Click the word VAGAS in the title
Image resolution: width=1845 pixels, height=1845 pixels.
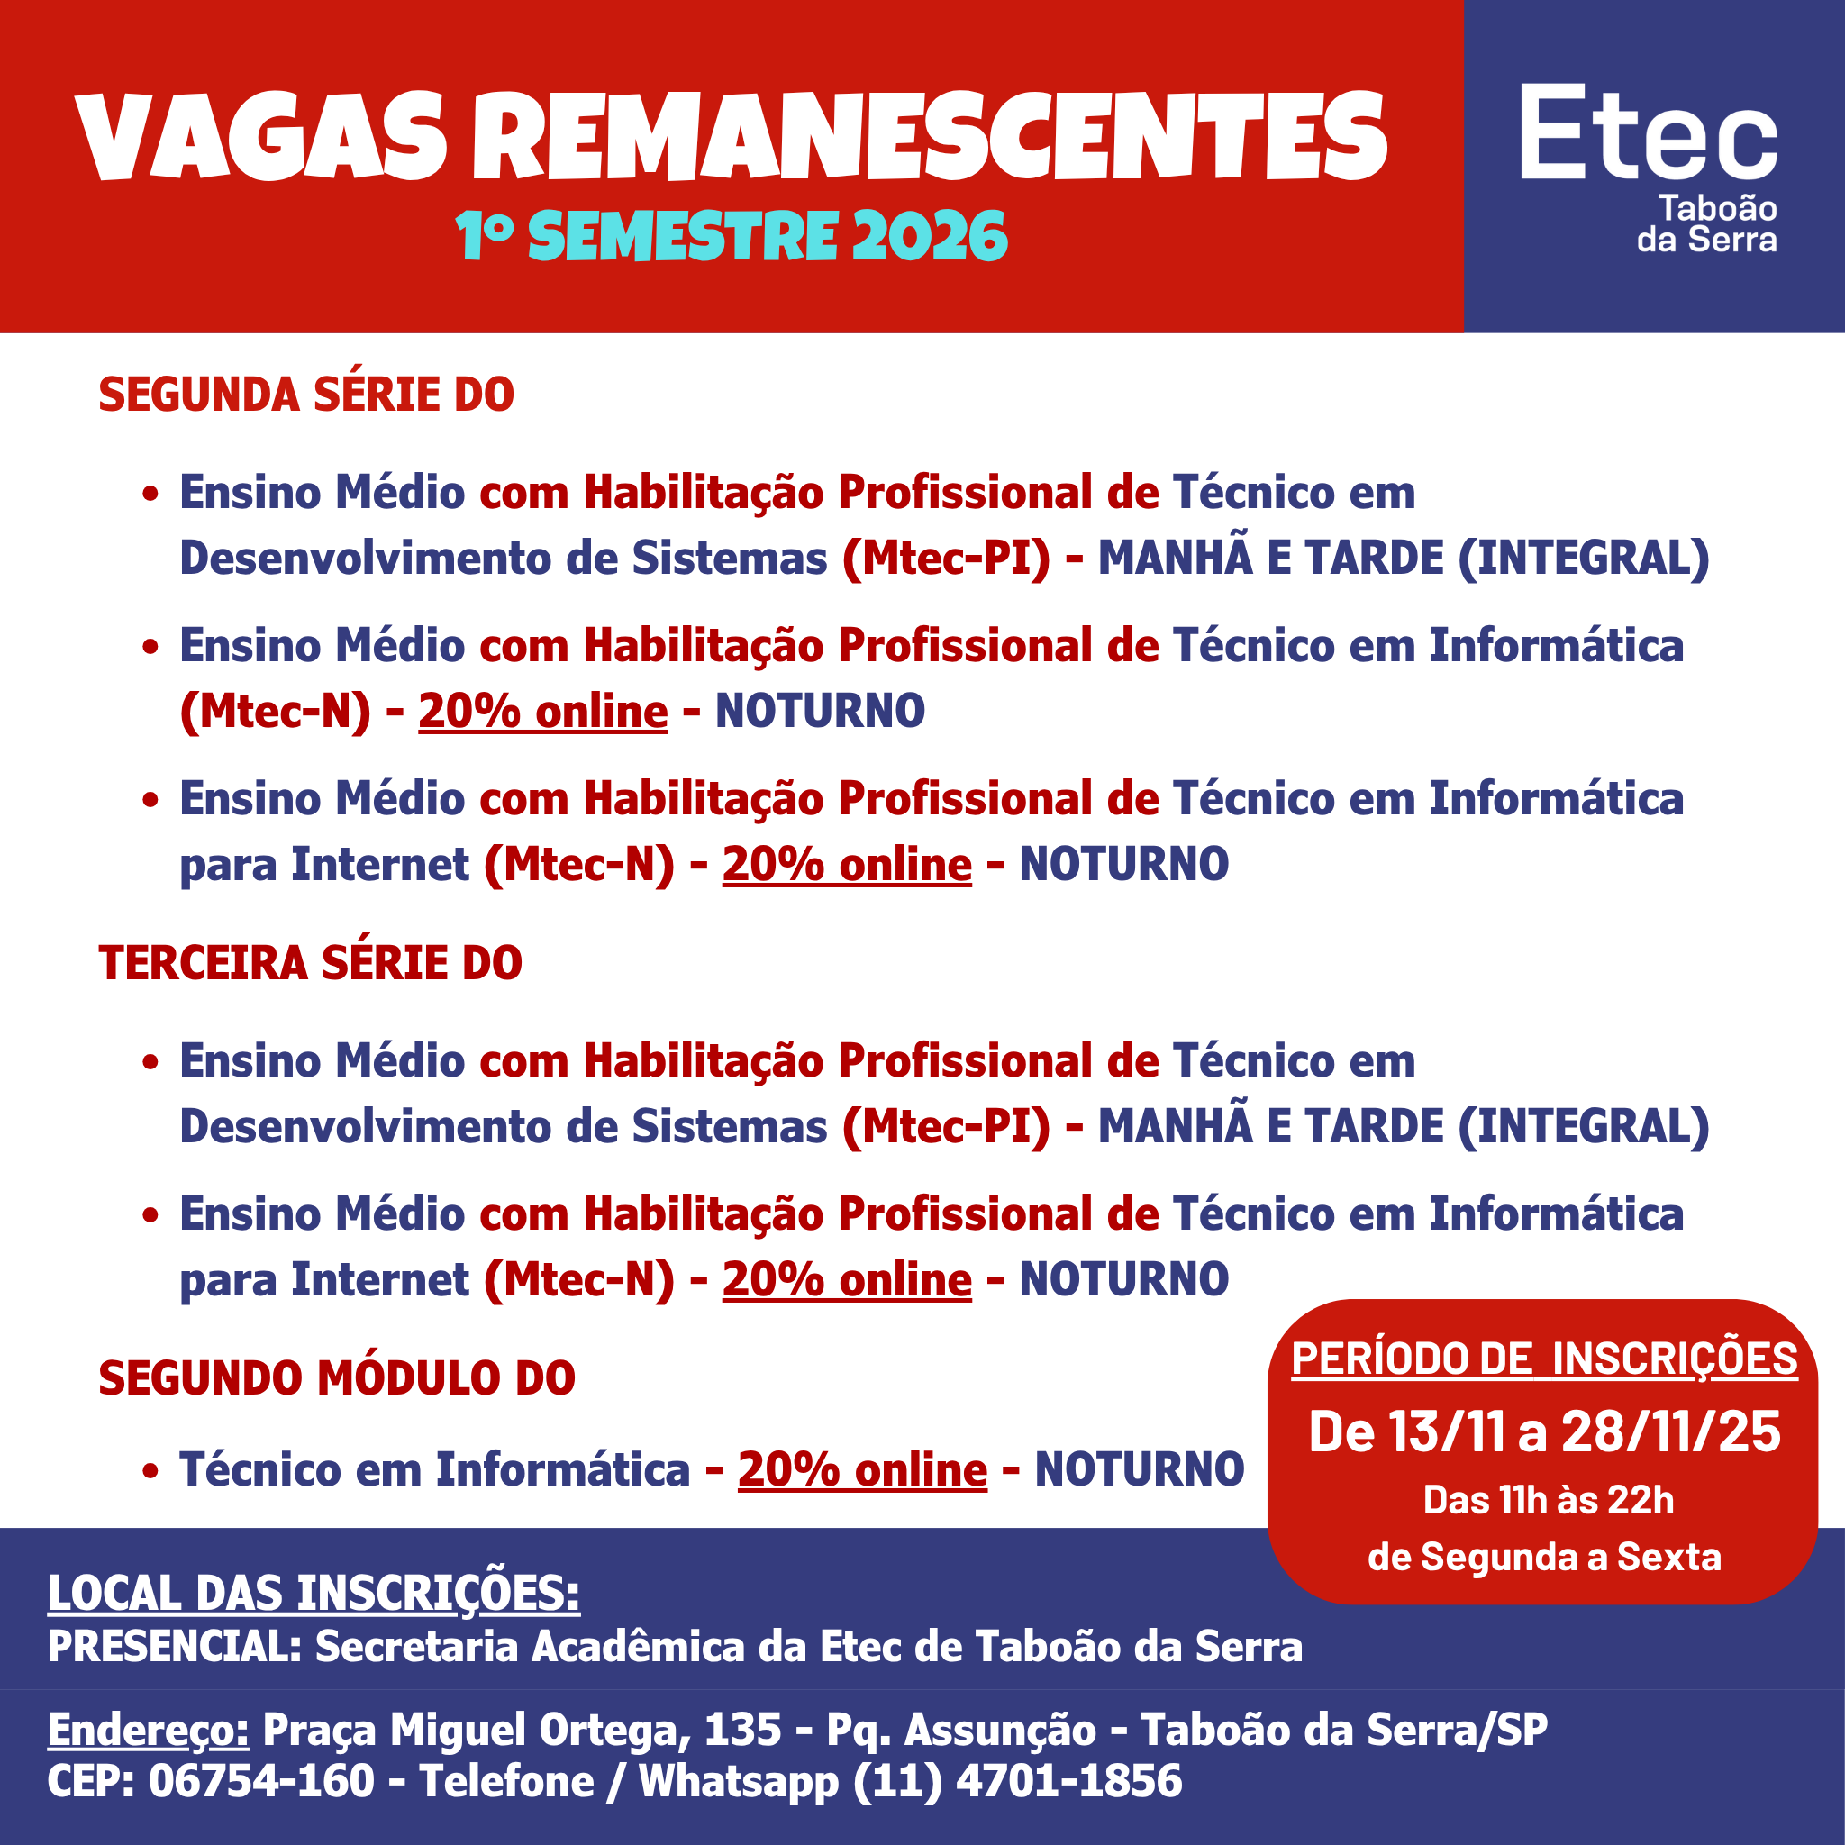pos(259,137)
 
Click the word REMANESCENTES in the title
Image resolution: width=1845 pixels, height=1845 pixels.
pos(928,137)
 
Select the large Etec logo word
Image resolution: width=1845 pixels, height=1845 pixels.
pos(1649,133)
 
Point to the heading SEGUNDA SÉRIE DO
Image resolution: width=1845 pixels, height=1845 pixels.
pos(305,395)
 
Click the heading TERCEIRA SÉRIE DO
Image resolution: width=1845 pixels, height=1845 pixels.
pos(311,963)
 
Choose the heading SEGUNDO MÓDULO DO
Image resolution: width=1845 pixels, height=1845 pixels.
pos(336,1378)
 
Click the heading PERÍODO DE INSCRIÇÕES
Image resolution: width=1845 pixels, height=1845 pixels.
pos(1543,1359)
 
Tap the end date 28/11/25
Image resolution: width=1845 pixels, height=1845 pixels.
pos(1671,1431)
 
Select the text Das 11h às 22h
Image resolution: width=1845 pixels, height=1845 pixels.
pos(1548,1500)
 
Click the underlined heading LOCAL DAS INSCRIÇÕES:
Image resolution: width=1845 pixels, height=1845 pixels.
pos(314,1594)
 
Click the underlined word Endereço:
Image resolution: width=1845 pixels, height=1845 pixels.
pos(148,1730)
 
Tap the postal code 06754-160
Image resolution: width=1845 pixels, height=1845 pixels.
pos(261,1781)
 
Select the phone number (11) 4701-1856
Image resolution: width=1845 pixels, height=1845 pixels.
pos(1016,1781)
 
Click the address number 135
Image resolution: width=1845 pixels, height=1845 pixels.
pos(742,1730)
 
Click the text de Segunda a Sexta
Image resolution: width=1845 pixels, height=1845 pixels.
pos(1544,1558)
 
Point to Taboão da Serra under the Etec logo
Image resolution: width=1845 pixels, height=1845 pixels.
pos(1706,223)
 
